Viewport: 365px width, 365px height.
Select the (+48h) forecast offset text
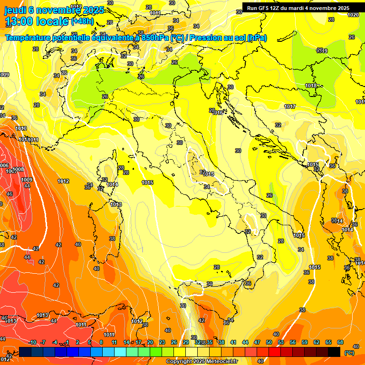(x=82, y=21)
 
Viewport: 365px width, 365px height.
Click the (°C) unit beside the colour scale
(x=349, y=352)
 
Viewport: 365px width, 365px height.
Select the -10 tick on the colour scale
(x=32, y=343)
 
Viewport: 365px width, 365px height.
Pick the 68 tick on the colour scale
(x=340, y=343)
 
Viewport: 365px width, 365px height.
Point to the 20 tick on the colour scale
(x=150, y=343)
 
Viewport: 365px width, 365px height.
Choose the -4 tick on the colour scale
(x=55, y=343)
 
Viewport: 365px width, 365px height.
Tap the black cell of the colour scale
(x=334, y=352)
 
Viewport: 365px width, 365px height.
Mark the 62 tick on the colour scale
(x=317, y=343)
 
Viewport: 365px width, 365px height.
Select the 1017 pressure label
(x=290, y=106)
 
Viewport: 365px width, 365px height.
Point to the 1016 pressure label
(x=218, y=113)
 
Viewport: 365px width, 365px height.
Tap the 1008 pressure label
(x=18, y=170)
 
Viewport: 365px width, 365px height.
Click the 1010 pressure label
(x=21, y=128)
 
